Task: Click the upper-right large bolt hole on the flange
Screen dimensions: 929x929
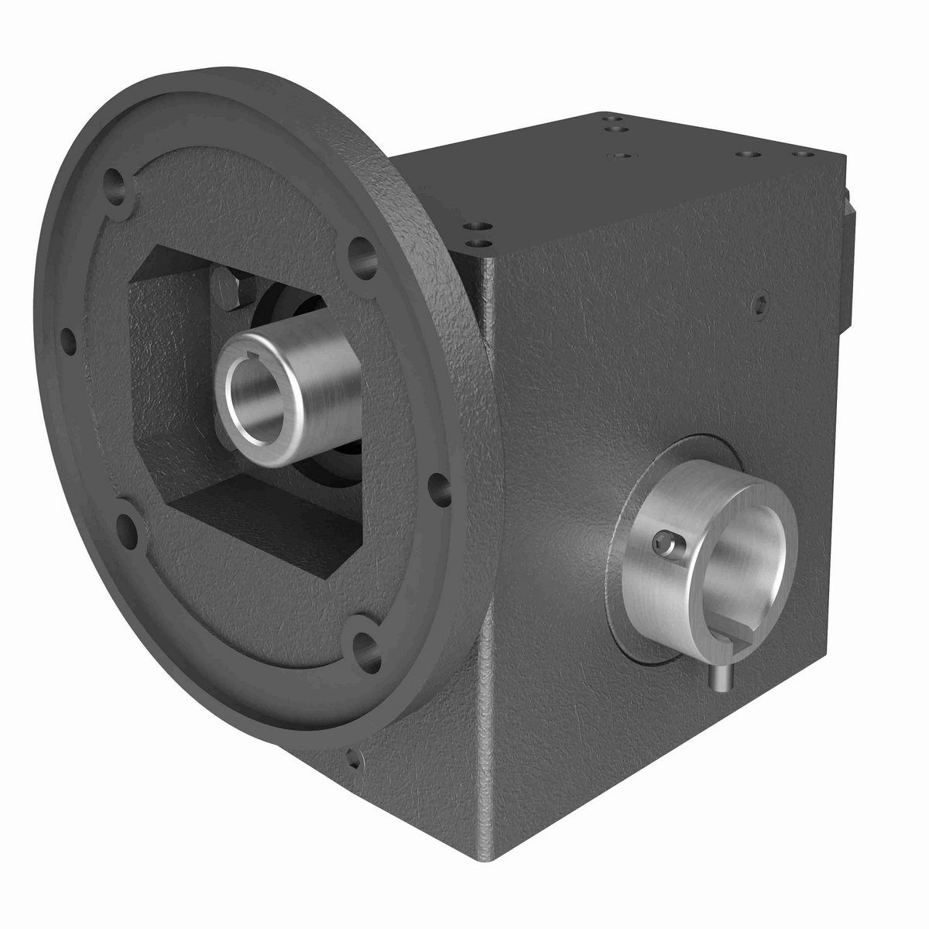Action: point(360,252)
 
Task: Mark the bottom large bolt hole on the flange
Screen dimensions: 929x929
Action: point(363,642)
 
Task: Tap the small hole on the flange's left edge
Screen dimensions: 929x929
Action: point(68,338)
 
